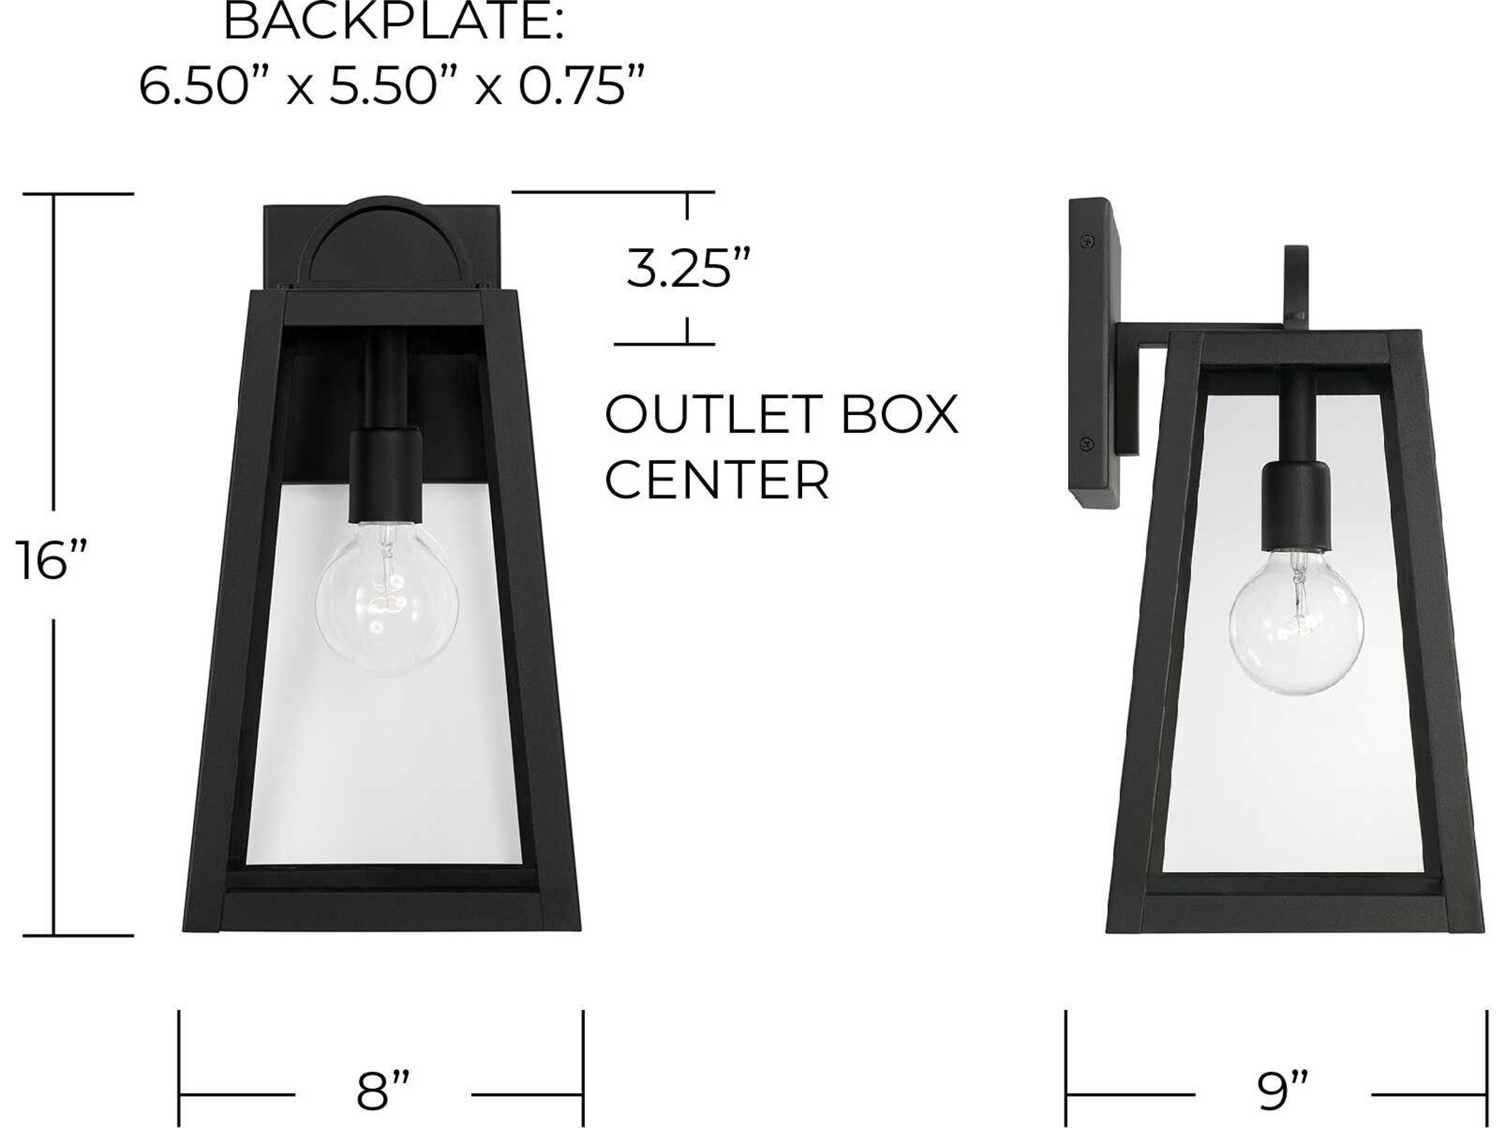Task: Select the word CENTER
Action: (717, 481)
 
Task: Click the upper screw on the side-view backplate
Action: (1088, 241)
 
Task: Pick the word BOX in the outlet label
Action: (900, 415)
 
